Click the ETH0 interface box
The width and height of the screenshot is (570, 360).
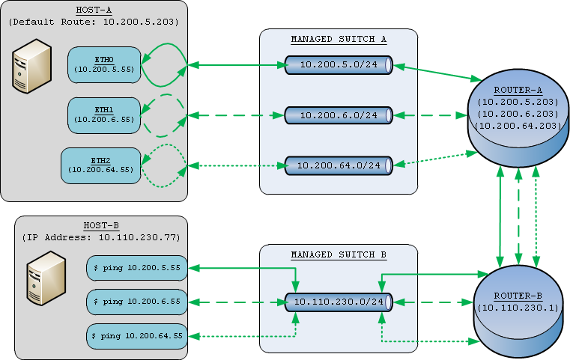(104, 64)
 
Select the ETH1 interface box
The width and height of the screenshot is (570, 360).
(104, 115)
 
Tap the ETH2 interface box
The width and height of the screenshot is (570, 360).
(100, 165)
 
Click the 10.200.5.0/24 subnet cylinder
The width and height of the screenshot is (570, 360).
(339, 65)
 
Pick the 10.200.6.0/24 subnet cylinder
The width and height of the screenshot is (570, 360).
(339, 115)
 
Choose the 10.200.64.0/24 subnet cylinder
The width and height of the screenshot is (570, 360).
(339, 165)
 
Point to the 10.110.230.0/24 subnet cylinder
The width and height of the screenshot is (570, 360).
(339, 302)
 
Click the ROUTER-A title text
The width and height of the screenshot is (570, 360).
(518, 90)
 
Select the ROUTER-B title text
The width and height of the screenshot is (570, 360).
(518, 296)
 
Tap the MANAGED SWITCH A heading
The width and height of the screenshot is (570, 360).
(339, 39)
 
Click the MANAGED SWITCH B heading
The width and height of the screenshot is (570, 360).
(339, 254)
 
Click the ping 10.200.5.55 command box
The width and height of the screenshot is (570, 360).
(137, 268)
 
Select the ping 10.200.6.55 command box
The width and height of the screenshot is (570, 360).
(137, 302)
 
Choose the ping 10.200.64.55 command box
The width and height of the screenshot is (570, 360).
(137, 336)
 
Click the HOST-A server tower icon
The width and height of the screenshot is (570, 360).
(32, 66)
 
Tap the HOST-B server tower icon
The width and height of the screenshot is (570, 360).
(46, 278)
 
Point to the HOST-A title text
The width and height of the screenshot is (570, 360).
(94, 10)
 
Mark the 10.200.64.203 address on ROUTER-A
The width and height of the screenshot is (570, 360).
(518, 126)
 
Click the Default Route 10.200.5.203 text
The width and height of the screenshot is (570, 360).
(94, 22)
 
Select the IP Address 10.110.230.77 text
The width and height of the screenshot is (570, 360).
(101, 237)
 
